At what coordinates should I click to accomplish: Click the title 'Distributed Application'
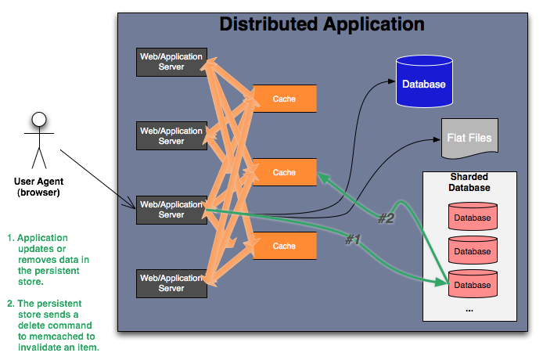(322, 23)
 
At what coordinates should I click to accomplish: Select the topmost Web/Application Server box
(171, 62)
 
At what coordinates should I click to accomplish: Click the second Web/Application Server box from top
(171, 136)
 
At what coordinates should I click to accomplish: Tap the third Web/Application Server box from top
(171, 210)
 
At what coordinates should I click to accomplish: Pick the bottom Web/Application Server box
(171, 283)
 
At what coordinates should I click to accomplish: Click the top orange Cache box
(284, 99)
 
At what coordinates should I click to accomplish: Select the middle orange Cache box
(284, 172)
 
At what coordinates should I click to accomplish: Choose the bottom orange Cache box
(284, 246)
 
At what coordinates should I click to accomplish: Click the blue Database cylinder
(423, 82)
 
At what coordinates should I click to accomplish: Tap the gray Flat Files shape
(469, 137)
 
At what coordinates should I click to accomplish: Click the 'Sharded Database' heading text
(469, 182)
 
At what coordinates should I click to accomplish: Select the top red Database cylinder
(472, 218)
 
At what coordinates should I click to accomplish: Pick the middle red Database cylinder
(472, 251)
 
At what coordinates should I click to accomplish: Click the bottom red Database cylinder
(472, 284)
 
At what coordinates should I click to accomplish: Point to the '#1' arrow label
(353, 239)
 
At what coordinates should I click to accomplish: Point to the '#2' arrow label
(387, 218)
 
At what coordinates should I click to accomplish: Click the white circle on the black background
(38, 119)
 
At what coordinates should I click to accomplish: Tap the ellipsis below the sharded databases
(469, 309)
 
